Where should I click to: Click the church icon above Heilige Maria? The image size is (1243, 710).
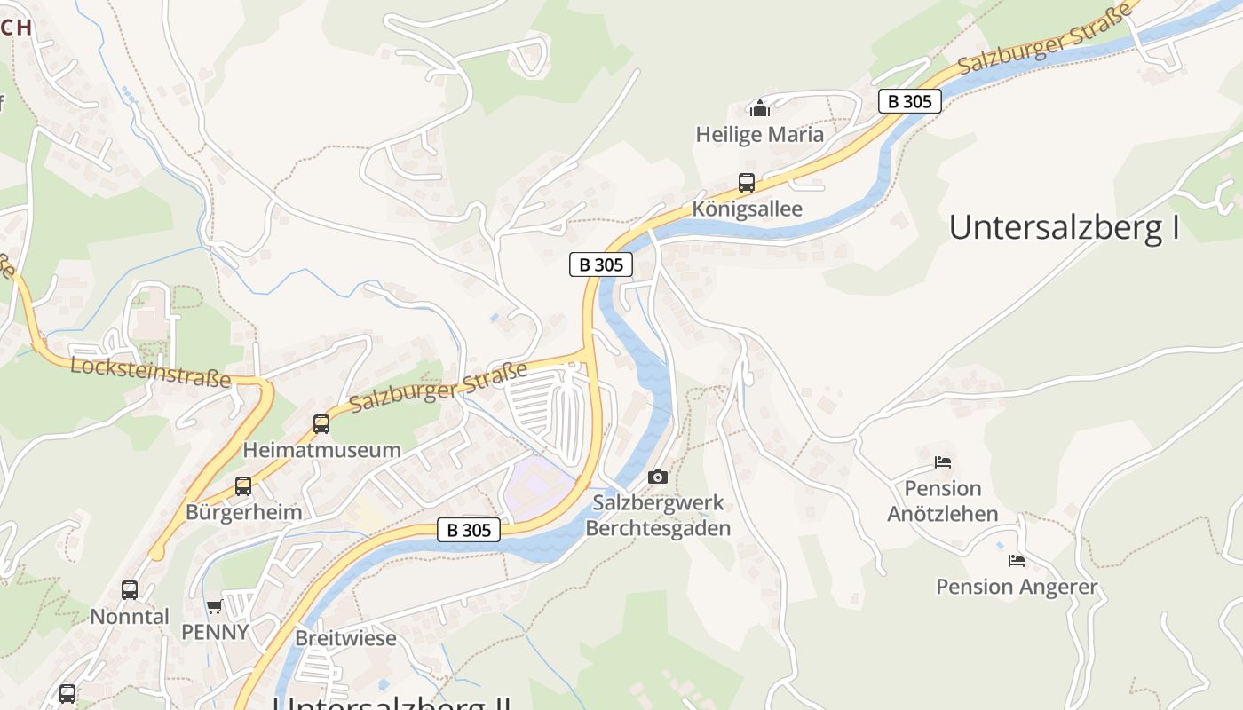click(x=759, y=108)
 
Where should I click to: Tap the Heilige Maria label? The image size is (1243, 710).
click(x=759, y=135)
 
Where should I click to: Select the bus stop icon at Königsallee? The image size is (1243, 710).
click(x=747, y=183)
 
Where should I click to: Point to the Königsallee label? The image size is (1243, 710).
click(x=747, y=209)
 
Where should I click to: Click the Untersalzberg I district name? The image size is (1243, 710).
click(x=1064, y=228)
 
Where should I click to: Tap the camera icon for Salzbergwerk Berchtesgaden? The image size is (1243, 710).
click(x=657, y=477)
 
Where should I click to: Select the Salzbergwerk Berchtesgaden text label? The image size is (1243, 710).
click(x=658, y=516)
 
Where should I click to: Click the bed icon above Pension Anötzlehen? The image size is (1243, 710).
click(x=943, y=461)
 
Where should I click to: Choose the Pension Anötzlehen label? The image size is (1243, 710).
click(x=943, y=501)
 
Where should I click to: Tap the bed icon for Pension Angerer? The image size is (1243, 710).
click(x=1017, y=560)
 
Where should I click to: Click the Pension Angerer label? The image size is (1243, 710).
click(x=1017, y=587)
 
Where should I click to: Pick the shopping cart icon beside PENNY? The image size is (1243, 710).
click(x=214, y=607)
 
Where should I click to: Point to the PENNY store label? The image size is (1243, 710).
click(x=215, y=632)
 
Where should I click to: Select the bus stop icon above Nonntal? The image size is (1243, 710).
click(x=130, y=589)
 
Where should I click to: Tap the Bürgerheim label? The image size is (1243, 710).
click(x=243, y=512)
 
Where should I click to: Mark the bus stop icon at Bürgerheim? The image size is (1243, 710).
click(x=242, y=485)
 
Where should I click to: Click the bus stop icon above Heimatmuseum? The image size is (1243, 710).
click(x=321, y=424)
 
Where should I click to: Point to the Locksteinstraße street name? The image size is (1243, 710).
click(x=150, y=373)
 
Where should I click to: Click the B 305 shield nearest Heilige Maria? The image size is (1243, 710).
click(x=910, y=101)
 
